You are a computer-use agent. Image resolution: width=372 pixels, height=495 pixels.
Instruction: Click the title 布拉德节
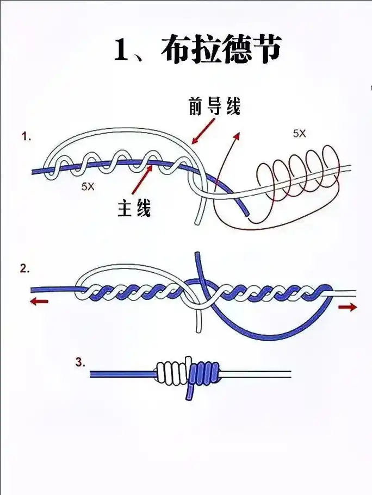(x=220, y=51)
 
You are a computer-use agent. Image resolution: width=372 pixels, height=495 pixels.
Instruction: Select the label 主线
(x=134, y=209)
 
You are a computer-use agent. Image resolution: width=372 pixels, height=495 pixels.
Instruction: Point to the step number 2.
(x=24, y=268)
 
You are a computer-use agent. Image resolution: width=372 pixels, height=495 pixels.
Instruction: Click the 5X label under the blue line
(x=88, y=186)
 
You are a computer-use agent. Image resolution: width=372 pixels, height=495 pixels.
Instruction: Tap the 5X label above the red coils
(x=299, y=133)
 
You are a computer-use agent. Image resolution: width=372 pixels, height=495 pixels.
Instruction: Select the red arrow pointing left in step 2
(x=39, y=302)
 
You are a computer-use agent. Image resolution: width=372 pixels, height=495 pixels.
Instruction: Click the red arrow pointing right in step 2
(x=348, y=308)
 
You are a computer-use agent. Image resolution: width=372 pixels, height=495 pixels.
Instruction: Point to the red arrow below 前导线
(x=202, y=132)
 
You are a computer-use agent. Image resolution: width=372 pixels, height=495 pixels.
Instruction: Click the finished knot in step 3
(x=188, y=372)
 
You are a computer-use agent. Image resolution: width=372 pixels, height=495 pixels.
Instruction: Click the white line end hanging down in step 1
(x=199, y=217)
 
